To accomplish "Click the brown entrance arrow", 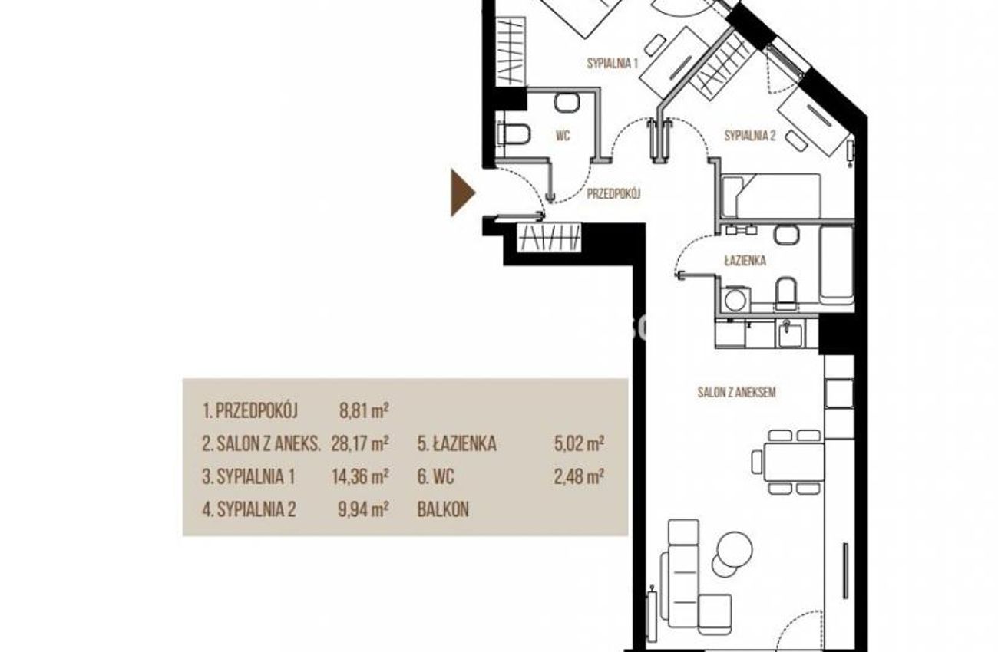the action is click(462, 193).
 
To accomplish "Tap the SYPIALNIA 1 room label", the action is click(613, 63).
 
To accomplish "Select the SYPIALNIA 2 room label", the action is click(750, 136).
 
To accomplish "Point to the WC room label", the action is click(563, 136).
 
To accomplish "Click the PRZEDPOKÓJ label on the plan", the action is click(614, 193).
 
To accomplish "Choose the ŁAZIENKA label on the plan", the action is click(745, 260).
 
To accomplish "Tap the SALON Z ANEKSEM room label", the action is click(737, 392).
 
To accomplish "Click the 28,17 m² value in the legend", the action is click(360, 443).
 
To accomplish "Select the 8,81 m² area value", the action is click(364, 411).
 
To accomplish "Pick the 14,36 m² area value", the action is click(360, 476).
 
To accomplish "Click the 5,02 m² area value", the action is click(579, 443).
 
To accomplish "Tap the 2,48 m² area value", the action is click(579, 476).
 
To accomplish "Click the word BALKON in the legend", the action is click(443, 510).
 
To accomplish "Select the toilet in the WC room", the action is click(514, 134).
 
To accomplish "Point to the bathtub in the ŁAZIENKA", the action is click(837, 265).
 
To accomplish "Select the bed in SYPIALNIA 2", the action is click(770, 196).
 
